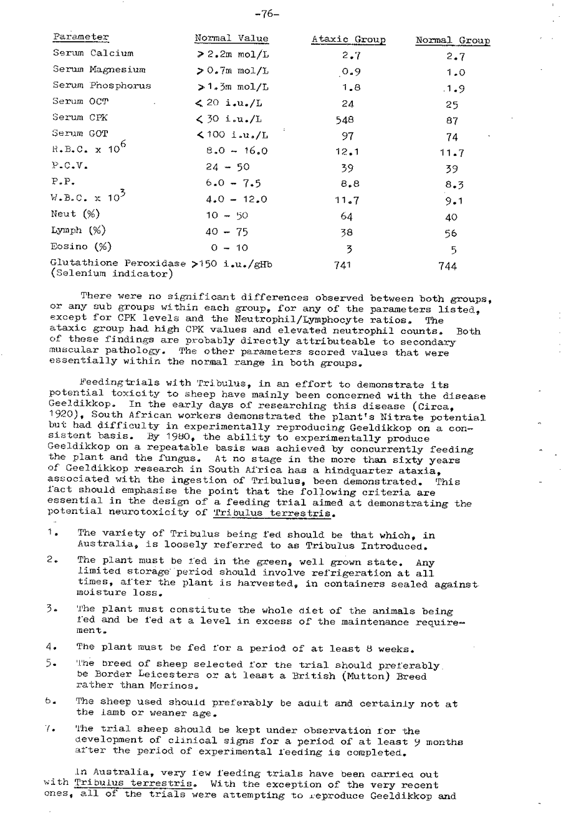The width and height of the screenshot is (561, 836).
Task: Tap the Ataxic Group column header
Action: (348, 40)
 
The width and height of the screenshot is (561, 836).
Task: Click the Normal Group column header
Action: (453, 41)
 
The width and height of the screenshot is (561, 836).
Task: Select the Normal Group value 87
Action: (453, 120)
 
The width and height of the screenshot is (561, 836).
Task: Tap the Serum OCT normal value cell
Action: (231, 102)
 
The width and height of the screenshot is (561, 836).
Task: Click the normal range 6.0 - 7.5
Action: (233, 183)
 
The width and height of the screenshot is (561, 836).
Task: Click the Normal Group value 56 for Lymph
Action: (451, 233)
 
